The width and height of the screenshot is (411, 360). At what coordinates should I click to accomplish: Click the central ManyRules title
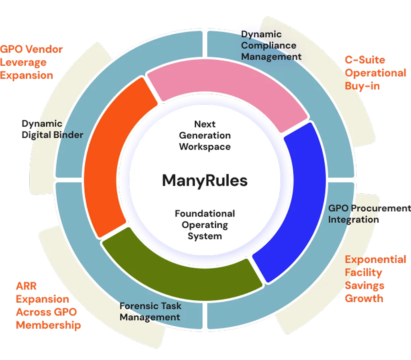(x=205, y=181)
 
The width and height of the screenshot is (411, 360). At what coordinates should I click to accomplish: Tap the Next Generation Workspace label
(x=205, y=136)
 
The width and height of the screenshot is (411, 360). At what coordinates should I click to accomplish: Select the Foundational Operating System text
(x=205, y=224)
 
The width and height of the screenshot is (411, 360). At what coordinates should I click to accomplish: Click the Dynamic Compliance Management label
(x=271, y=46)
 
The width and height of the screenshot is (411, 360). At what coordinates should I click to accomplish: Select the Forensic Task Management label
(x=150, y=311)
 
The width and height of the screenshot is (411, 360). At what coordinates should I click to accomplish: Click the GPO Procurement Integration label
(x=368, y=214)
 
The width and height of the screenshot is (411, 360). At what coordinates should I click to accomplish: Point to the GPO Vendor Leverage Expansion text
(x=31, y=62)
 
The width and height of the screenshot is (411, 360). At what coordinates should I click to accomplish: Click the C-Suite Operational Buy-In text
(x=375, y=73)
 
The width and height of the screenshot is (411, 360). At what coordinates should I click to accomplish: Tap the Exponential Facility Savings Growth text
(x=375, y=279)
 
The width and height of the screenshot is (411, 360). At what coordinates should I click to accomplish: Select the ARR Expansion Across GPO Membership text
(x=48, y=305)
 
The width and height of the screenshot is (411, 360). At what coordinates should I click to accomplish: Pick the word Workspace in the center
(x=205, y=146)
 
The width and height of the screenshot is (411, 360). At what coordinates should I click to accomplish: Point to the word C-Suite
(x=365, y=60)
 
